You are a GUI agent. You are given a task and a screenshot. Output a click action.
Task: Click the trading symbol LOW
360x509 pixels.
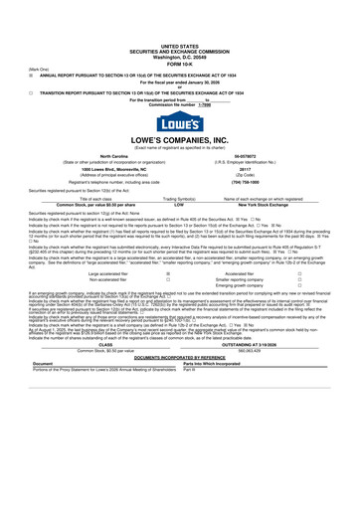pyautogui.click(x=180, y=235)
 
